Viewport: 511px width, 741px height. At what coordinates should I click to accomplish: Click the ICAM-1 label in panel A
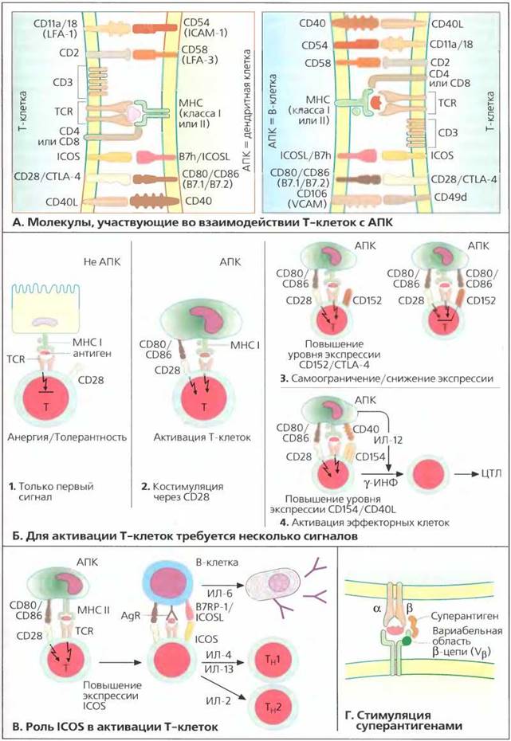205,33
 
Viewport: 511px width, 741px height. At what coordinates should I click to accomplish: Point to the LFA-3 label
199,60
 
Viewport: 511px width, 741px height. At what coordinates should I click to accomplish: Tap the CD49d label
450,196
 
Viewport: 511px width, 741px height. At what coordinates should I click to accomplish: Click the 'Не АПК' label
101,262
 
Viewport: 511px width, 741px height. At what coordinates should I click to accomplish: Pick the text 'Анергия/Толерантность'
67,437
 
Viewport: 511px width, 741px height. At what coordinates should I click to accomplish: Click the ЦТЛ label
492,473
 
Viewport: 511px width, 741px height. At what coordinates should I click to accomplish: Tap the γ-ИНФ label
380,484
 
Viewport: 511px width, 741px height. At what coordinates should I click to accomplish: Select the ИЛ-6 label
220,593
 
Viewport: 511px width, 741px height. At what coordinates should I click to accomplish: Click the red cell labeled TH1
272,660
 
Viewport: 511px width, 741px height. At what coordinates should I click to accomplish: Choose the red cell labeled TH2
272,707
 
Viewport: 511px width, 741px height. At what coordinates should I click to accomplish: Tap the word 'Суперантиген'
464,616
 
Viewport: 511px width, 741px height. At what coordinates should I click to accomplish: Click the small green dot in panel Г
406,641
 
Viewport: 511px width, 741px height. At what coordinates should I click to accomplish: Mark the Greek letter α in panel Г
376,609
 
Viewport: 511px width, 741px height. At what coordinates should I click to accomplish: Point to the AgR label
131,616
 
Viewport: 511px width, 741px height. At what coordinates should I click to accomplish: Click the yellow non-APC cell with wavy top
47,308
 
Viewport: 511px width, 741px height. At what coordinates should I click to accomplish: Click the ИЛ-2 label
218,701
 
